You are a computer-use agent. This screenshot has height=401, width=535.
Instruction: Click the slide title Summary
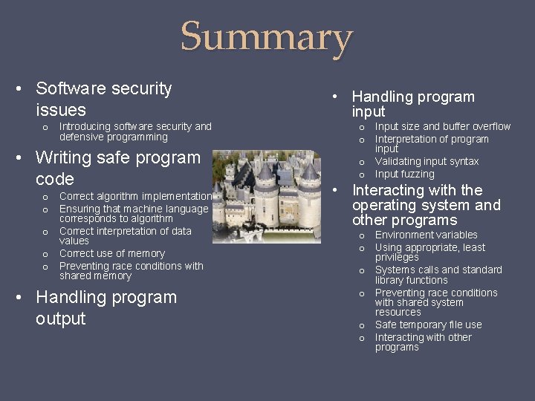[x=267, y=38]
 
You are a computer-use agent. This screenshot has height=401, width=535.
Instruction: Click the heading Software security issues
[x=104, y=99]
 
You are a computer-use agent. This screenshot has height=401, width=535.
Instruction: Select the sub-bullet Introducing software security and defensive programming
[x=134, y=131]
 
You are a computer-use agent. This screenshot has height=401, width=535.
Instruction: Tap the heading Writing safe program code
[x=117, y=168]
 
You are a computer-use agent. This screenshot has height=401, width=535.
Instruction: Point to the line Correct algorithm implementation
[x=135, y=196]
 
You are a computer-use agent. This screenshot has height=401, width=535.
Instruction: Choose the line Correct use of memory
[x=111, y=253]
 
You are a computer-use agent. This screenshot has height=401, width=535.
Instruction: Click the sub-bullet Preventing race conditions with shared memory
[x=131, y=270]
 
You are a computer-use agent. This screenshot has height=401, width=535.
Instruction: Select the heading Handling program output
[x=106, y=307]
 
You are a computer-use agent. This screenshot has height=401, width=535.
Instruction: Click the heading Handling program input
[x=412, y=104]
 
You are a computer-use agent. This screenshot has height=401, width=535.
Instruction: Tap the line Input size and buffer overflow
[x=442, y=126]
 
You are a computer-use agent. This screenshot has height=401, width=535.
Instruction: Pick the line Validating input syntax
[x=427, y=161]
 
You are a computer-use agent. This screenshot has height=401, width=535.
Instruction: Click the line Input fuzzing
[x=404, y=174]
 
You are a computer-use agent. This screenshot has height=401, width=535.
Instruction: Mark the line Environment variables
[x=426, y=235]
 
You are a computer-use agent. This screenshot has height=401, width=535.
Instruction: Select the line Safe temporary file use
[x=428, y=325]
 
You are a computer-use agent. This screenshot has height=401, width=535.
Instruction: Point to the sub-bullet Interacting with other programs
[x=423, y=342]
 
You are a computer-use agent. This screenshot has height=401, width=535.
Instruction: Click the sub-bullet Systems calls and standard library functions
[x=438, y=275]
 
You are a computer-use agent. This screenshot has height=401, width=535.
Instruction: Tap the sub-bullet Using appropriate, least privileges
[x=429, y=252]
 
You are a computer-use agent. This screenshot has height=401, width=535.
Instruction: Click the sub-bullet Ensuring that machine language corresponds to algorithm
[x=134, y=214]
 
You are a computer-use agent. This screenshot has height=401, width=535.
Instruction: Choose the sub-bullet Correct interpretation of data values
[x=125, y=235]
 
